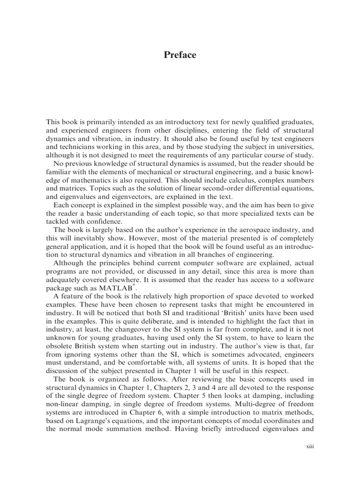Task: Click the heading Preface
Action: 180,55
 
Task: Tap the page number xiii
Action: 309,446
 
